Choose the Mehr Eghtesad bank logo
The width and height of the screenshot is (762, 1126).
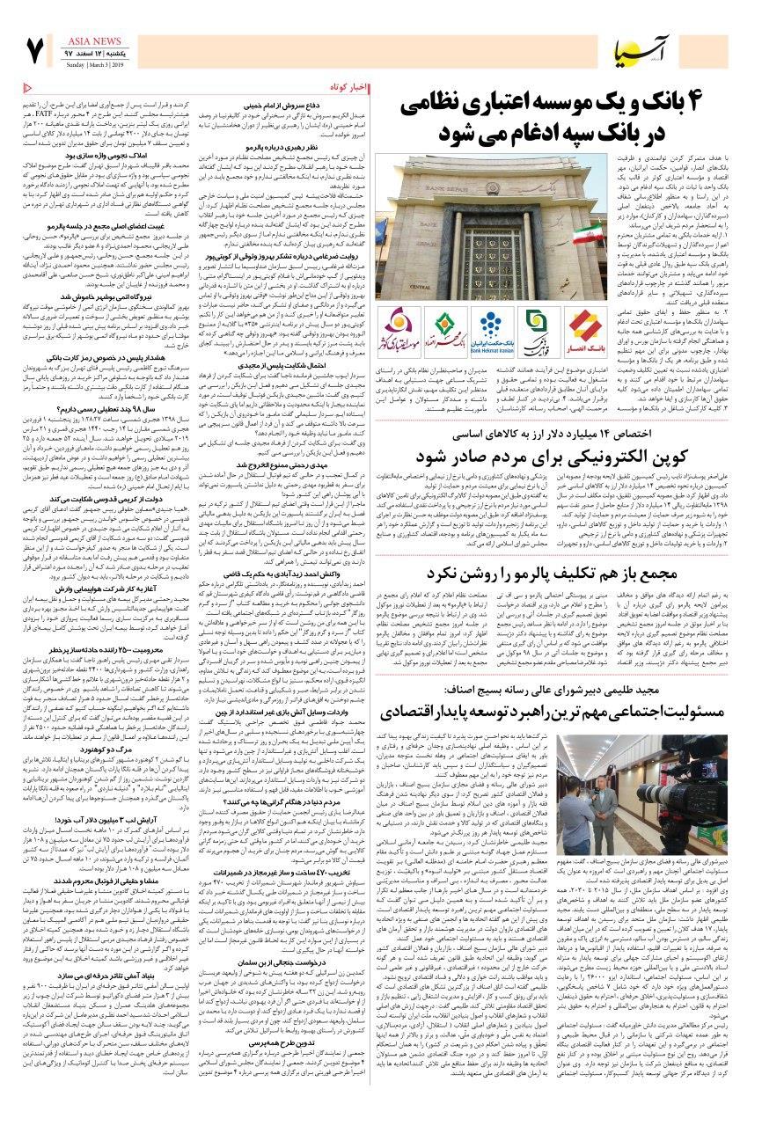coord(446,327)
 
